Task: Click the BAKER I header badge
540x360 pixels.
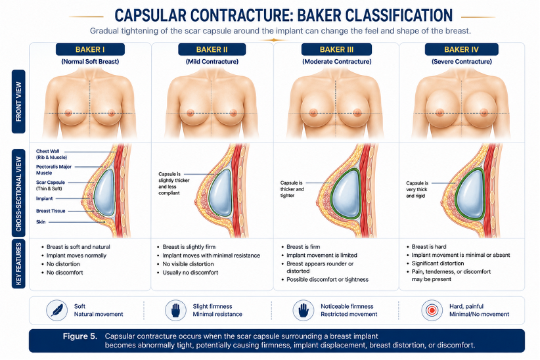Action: [90, 49]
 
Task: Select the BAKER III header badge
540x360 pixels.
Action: [336, 49]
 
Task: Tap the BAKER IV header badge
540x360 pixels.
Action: [461, 49]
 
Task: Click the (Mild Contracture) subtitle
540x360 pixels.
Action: [212, 62]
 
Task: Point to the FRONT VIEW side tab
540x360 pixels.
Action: [18, 101]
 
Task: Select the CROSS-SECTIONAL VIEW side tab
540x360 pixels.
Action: [18, 193]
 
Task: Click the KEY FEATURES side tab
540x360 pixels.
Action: [18, 264]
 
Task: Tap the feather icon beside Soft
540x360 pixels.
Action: [56, 310]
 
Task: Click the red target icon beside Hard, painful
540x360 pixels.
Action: [432, 310]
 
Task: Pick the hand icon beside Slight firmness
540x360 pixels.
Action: [175, 310]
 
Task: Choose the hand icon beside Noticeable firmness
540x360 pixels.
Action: [304, 310]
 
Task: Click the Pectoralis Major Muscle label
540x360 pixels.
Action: [54, 170]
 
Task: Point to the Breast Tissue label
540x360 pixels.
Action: [51, 211]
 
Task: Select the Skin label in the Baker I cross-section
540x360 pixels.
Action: [41, 222]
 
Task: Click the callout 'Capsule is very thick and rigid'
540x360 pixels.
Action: [417, 189]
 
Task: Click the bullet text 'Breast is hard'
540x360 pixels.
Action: [429, 246]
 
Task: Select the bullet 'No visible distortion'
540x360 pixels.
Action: [188, 264]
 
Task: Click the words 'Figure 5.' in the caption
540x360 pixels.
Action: [80, 336]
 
